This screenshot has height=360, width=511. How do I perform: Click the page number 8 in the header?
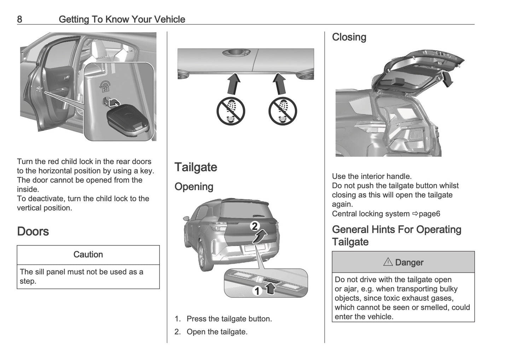point(19,19)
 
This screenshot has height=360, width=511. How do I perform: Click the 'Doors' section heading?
point(33,231)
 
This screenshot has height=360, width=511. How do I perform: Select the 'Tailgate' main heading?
point(196,167)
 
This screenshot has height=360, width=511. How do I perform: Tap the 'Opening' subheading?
point(194,187)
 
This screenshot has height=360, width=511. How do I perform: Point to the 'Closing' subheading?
point(349,37)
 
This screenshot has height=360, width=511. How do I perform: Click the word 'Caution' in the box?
point(88,255)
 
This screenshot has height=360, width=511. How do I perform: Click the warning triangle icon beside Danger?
point(388,262)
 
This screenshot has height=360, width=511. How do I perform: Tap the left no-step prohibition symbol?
point(231,111)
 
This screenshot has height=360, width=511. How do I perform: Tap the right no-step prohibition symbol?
point(283,111)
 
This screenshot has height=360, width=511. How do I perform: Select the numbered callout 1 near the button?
point(257,291)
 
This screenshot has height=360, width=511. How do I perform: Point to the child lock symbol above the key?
point(105,86)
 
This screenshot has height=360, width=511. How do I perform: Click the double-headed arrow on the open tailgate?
point(447,78)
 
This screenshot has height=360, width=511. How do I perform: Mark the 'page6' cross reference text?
point(429,214)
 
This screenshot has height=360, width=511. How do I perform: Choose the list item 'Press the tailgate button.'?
point(229,319)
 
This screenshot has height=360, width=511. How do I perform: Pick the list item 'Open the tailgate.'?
point(217,332)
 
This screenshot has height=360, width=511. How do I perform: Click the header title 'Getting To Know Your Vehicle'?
point(122,19)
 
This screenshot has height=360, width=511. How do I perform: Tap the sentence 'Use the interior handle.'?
point(372,176)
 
